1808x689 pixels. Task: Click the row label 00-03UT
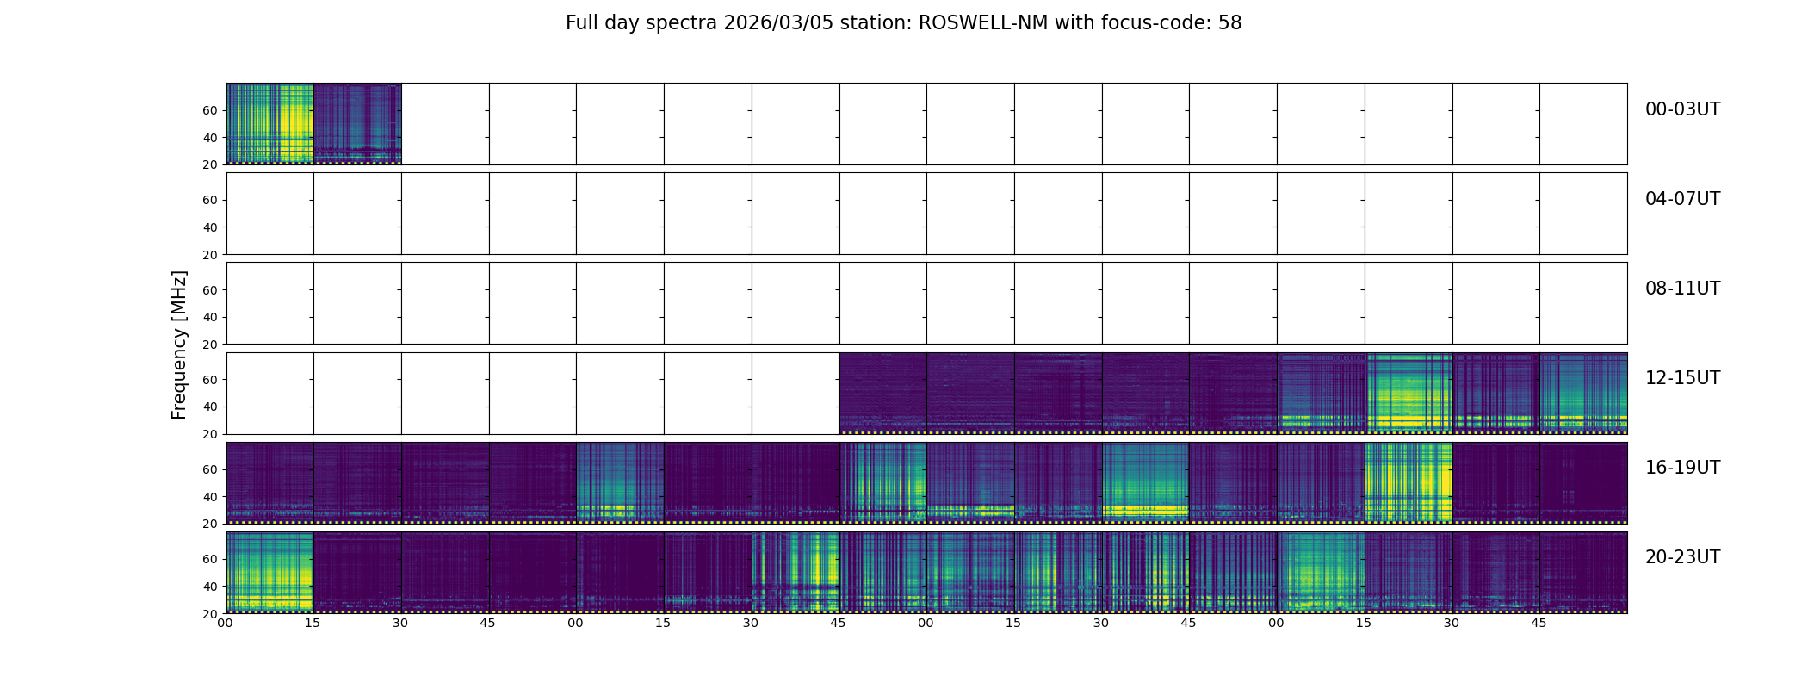click(x=1682, y=109)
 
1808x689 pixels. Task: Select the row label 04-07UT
click(x=1682, y=199)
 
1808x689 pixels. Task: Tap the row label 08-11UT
click(x=1682, y=289)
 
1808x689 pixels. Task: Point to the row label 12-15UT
click(x=1682, y=378)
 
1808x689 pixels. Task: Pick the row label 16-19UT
click(x=1682, y=468)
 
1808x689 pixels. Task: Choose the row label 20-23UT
click(x=1682, y=557)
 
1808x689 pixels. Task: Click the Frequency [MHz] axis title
click(x=179, y=344)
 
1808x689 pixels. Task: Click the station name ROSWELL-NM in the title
click(x=983, y=23)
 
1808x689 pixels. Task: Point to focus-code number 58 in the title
click(x=1230, y=23)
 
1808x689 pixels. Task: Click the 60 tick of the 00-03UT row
click(x=209, y=110)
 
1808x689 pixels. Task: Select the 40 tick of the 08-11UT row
click(x=209, y=317)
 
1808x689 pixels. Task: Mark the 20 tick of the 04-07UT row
click(x=209, y=255)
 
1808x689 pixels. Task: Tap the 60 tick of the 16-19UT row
click(x=209, y=469)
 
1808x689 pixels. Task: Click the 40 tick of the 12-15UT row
click(x=209, y=407)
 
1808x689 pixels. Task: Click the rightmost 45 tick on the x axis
click(x=1539, y=623)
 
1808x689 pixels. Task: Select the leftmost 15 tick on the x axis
click(x=313, y=623)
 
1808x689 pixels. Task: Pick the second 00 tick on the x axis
click(x=575, y=623)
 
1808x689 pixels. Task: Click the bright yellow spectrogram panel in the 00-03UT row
click(x=270, y=123)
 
